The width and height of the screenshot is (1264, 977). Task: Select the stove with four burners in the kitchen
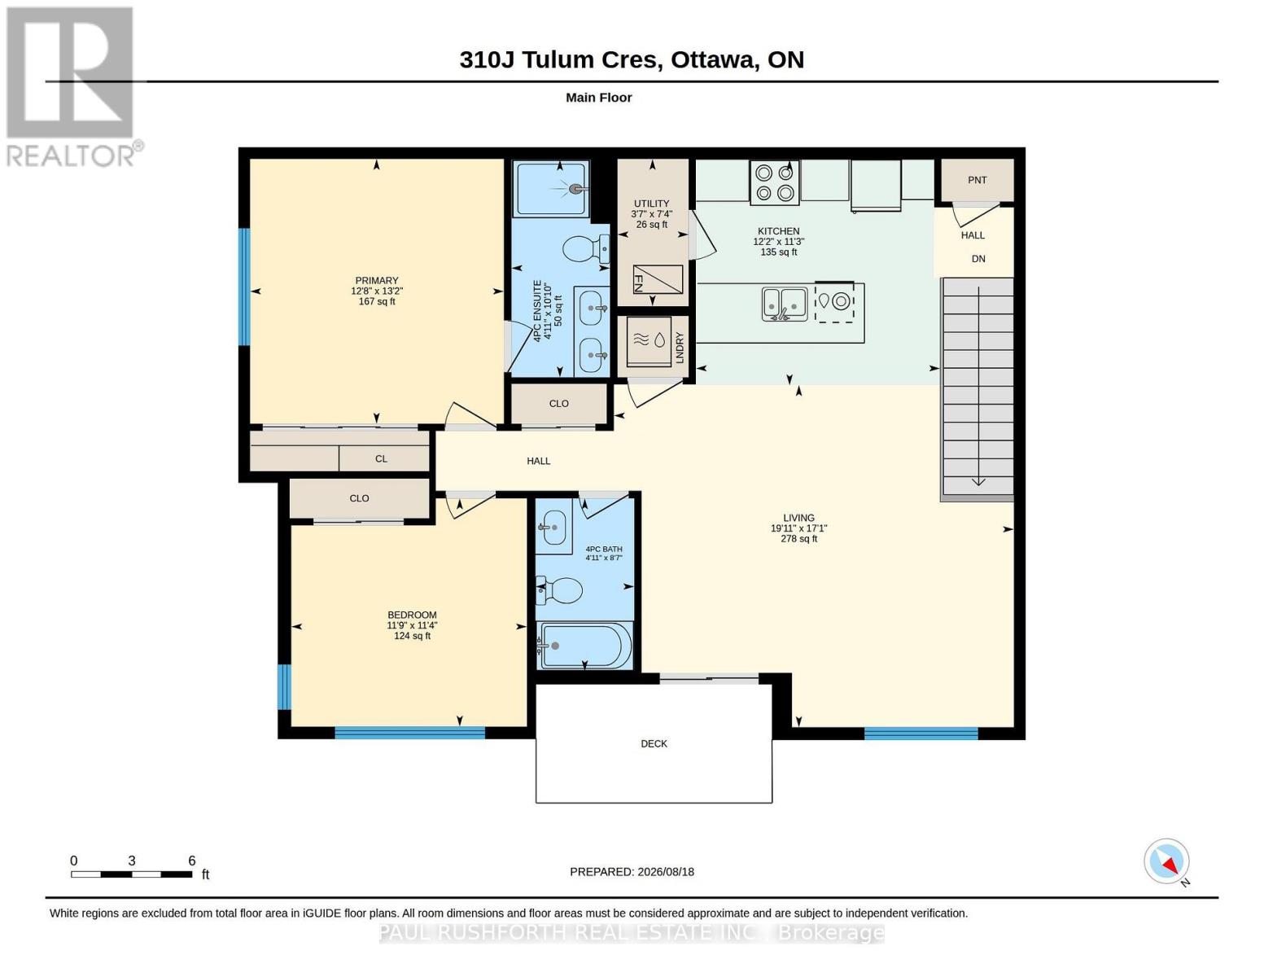coord(774,182)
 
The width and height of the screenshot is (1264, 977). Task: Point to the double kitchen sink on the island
coord(784,304)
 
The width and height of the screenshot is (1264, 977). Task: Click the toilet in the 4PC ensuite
coord(585,249)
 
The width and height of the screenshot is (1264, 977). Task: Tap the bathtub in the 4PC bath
coord(584,646)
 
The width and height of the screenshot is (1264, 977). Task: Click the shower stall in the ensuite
coord(550,189)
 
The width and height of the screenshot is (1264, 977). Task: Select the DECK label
coord(654,743)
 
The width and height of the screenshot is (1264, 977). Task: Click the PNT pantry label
coord(977,181)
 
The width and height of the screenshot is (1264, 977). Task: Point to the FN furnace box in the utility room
coord(658,280)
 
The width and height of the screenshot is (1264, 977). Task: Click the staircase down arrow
coord(978,386)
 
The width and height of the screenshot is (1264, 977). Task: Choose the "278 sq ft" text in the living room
coord(798,539)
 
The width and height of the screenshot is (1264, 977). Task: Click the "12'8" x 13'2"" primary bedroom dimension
coord(377,291)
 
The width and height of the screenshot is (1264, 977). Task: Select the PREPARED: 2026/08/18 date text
coord(632,872)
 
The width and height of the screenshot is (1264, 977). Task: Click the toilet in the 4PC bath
coord(559,590)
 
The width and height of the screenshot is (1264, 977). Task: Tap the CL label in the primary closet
coord(381,458)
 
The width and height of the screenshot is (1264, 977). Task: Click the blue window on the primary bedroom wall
coord(245,287)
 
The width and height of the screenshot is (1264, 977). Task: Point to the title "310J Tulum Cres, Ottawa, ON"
coord(632,59)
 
